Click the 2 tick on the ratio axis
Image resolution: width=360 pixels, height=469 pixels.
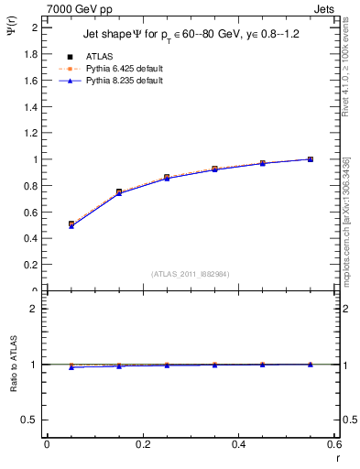click(x=33, y=309)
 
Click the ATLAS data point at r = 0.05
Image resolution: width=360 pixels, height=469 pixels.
click(x=71, y=224)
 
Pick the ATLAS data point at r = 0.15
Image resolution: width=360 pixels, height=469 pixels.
click(x=119, y=191)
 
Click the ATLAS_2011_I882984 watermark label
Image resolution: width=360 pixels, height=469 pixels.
click(x=191, y=274)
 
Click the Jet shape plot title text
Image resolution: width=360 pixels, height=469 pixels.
click(x=185, y=33)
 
